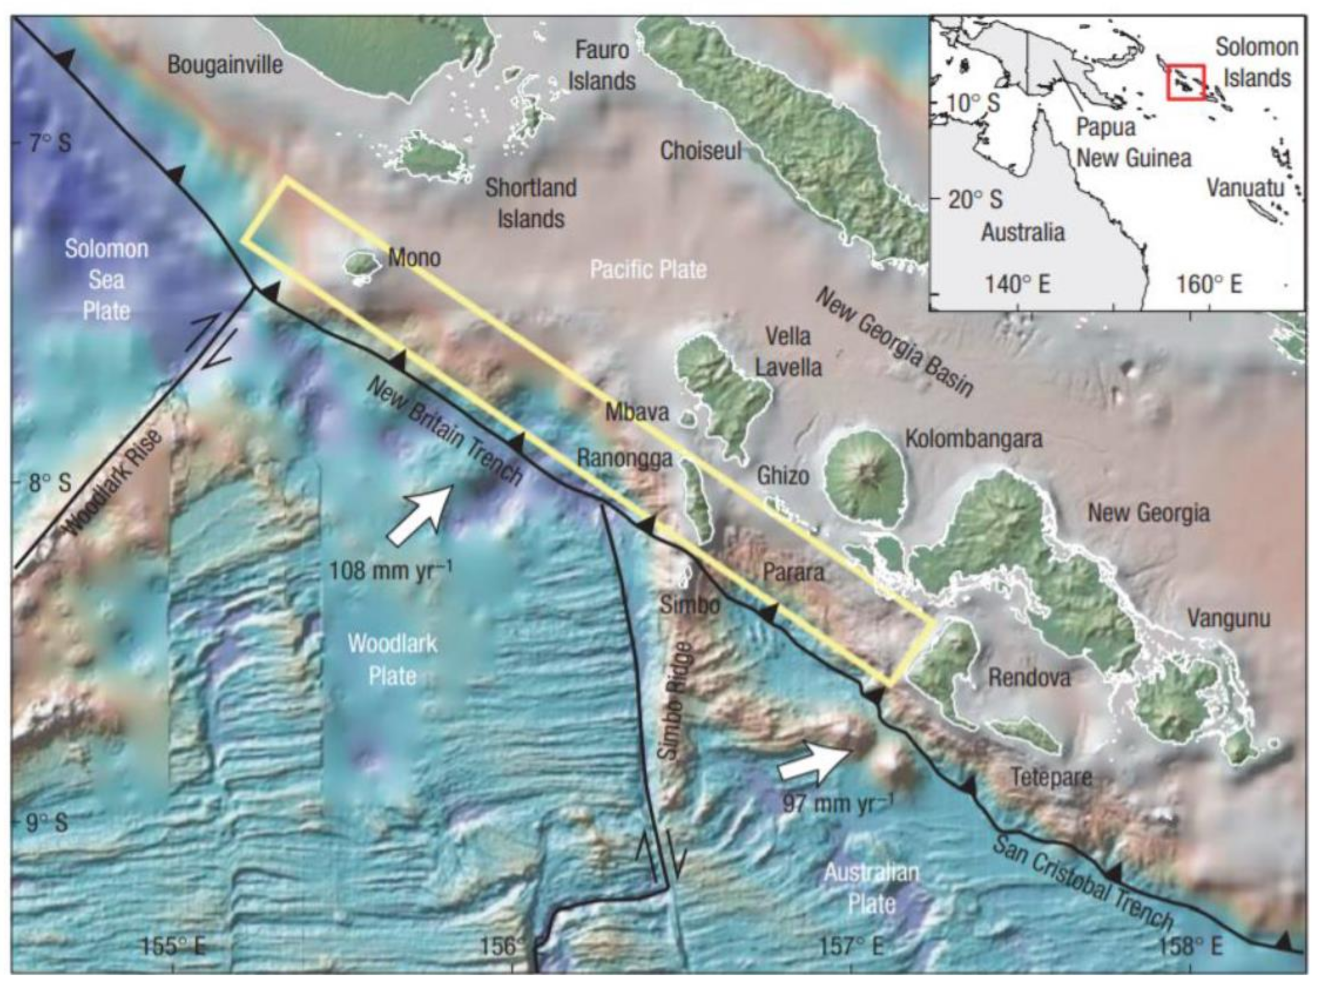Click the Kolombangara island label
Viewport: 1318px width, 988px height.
tap(974, 439)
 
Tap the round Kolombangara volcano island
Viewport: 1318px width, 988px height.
tap(866, 476)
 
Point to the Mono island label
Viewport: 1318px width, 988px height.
tap(414, 258)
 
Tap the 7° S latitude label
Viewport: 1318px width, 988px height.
tap(50, 143)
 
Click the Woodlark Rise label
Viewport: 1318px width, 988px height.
tap(113, 483)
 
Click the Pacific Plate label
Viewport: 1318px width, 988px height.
tap(648, 270)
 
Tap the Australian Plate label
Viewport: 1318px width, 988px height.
tap(871, 888)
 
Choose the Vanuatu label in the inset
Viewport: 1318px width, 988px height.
tap(1245, 188)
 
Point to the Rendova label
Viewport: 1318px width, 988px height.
tap(1029, 677)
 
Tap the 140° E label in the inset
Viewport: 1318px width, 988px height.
tap(1016, 285)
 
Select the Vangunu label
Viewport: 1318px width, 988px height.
tap(1229, 619)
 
